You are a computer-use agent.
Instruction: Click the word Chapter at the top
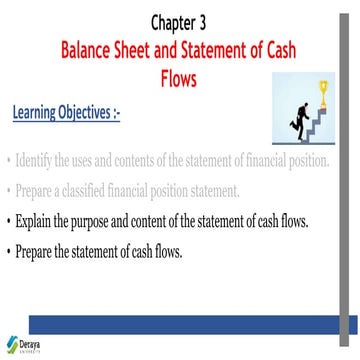[x=175, y=21]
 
